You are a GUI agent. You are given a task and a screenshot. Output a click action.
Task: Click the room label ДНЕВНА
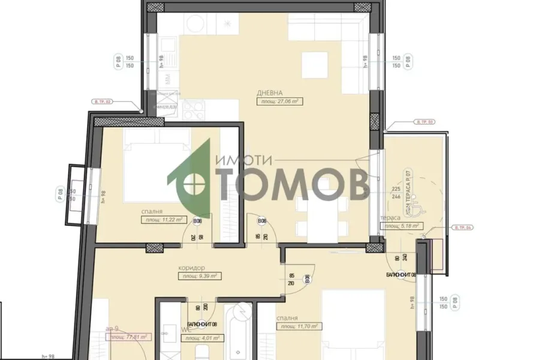pos(270,93)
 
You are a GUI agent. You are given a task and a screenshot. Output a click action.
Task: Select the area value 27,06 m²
pos(279,102)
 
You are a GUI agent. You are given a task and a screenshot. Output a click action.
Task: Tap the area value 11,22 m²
pos(164,220)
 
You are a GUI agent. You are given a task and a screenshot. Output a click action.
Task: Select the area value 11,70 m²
pos(299,327)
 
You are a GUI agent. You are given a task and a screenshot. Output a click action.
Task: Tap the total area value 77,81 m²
pos(128,338)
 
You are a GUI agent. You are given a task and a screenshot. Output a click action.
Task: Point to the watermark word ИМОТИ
pos(243,160)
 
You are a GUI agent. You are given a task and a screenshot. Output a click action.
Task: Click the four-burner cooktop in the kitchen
pos(193,111)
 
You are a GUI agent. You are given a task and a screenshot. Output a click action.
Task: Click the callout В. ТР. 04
pos(463,227)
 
